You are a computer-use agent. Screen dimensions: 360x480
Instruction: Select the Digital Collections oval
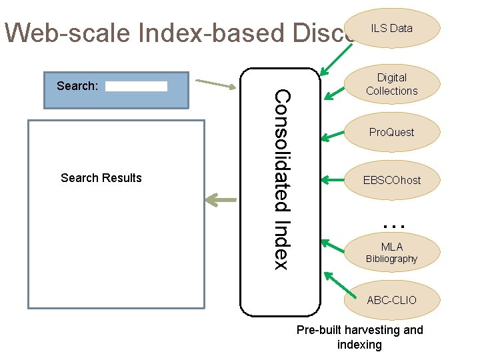point(391,84)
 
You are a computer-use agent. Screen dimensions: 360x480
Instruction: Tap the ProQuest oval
point(391,132)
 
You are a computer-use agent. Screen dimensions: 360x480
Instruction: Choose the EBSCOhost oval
point(391,180)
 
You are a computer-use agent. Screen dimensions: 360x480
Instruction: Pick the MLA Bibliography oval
point(391,253)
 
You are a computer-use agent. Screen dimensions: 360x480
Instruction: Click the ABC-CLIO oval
point(391,300)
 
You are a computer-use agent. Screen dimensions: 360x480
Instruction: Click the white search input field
point(136,86)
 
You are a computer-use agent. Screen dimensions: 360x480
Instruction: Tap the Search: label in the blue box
point(77,86)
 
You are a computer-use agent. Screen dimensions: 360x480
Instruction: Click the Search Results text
point(101,178)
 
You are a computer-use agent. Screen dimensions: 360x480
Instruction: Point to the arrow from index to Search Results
point(221,199)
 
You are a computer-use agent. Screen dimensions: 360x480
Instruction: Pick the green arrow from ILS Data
point(332,60)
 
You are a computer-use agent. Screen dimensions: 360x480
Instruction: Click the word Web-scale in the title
point(60,32)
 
